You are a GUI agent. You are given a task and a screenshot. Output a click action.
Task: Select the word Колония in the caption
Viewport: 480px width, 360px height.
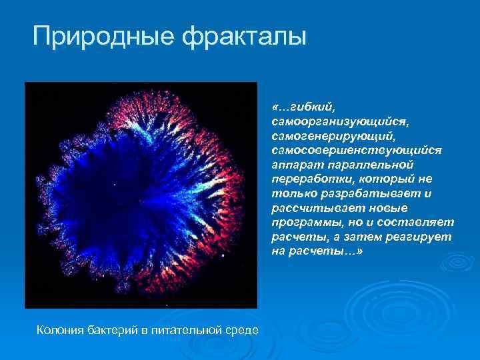[60, 329]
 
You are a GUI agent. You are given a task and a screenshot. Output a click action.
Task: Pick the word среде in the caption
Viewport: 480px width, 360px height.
[241, 329]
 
